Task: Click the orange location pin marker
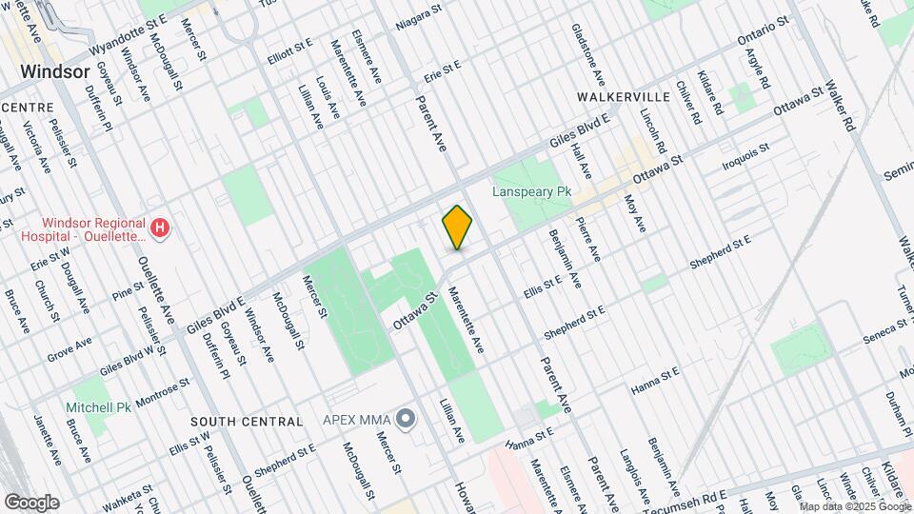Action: tap(457, 227)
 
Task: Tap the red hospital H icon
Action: tap(161, 228)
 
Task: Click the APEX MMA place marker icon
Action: tap(407, 418)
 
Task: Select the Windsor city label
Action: tap(54, 71)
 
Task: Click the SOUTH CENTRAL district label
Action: tap(247, 421)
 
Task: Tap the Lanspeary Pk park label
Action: tap(531, 191)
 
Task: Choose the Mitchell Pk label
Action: tap(98, 407)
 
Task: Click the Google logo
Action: tap(30, 503)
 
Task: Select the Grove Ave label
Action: tap(70, 348)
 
